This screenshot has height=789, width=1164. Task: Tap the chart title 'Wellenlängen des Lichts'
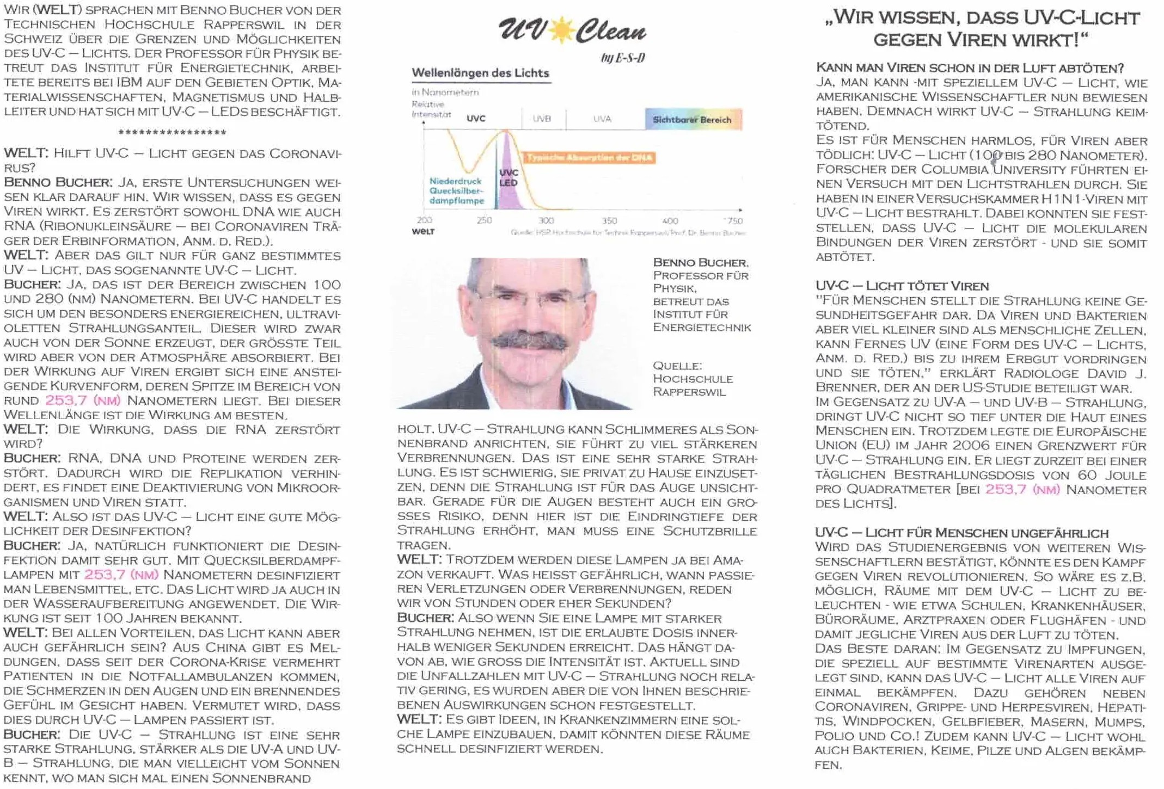pos(480,73)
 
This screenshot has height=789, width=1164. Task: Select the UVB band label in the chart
pos(542,119)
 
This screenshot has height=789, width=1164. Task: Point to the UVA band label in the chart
pos(602,119)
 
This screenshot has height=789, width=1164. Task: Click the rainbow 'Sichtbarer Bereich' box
pos(693,119)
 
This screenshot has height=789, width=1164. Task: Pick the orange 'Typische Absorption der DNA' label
pos(589,158)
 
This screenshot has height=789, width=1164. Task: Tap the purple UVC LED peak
pos(507,174)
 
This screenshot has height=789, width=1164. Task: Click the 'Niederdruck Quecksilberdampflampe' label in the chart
pos(456,190)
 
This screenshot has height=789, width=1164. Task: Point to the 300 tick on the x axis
pos(546,220)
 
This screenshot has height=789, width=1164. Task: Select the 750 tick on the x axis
pos(735,220)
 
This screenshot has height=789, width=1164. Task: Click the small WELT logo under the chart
pos(423,232)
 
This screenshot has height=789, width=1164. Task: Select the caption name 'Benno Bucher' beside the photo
pos(700,262)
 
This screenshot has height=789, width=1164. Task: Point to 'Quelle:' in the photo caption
pos(677,366)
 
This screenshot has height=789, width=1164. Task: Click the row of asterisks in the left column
pos(172,132)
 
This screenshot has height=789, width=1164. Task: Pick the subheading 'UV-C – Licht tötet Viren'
pos(901,286)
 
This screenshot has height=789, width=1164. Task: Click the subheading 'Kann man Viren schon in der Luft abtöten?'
pos(970,68)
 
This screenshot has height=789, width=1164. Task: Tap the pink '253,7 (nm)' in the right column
pos(1022,489)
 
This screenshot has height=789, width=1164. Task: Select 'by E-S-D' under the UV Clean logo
pos(622,58)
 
